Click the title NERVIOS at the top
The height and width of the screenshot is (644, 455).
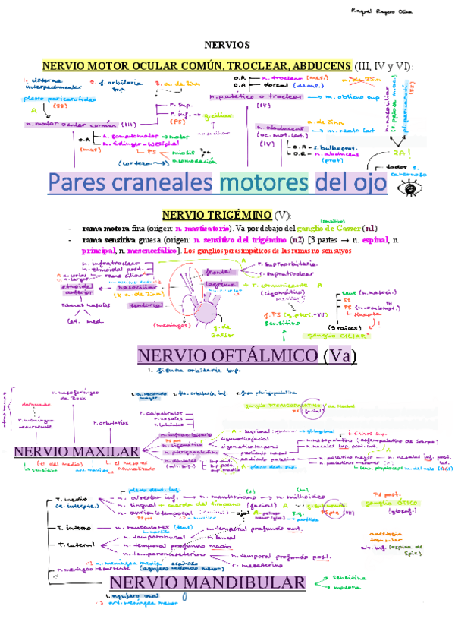pyautogui.click(x=227, y=45)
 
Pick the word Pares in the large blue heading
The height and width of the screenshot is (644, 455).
pyautogui.click(x=83, y=183)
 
